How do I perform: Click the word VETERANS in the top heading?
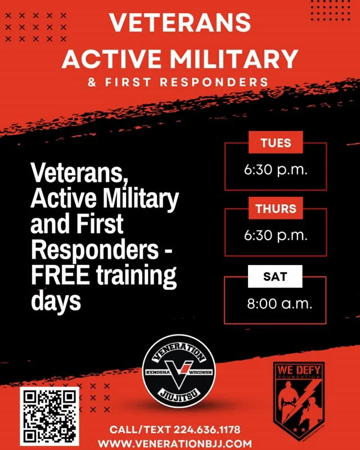[179, 22]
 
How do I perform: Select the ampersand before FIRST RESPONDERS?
[92, 83]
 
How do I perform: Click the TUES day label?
[276, 142]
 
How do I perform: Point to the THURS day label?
[276, 208]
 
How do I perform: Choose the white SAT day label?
[275, 276]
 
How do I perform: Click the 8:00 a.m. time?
[280, 304]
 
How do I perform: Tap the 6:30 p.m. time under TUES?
[276, 170]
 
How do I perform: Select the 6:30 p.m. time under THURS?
[276, 235]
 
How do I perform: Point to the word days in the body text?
[56, 301]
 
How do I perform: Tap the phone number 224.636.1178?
[207, 430]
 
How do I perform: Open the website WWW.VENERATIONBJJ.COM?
[174, 444]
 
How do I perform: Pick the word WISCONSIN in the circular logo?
[201, 372]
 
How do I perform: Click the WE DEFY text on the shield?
[299, 370]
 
